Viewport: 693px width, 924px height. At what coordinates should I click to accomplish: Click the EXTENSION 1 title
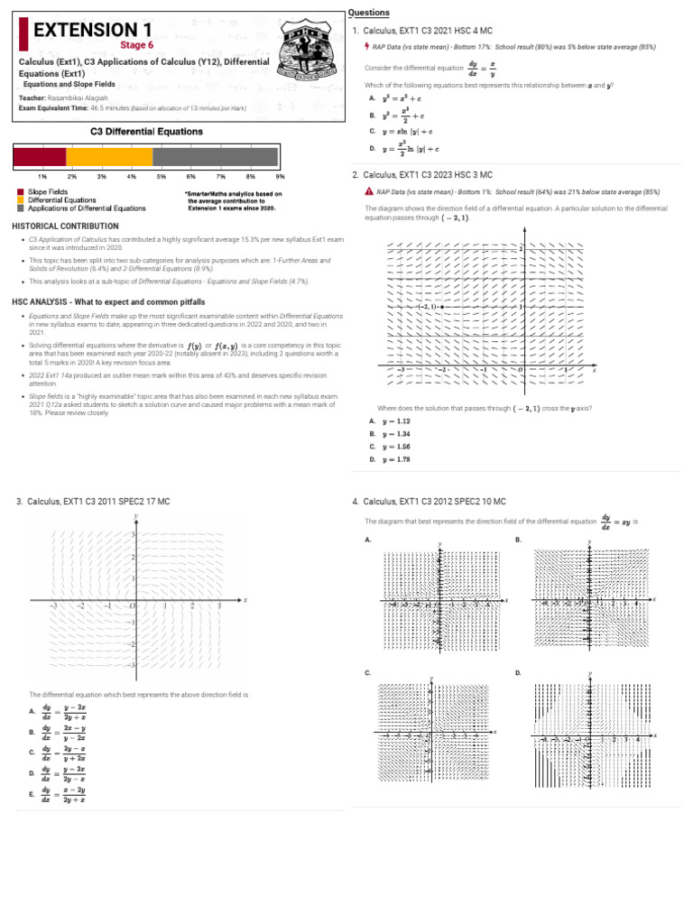coord(92,31)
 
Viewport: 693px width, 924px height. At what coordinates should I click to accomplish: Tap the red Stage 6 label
coord(137,45)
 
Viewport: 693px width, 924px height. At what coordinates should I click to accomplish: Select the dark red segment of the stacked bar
coord(40,156)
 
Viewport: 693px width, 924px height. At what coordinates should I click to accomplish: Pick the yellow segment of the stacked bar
coord(109,156)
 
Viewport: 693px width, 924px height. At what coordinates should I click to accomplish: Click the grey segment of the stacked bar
coord(217,156)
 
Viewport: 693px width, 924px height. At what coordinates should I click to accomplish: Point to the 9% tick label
coord(280,176)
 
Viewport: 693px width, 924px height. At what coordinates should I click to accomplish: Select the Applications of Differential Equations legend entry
coord(86,208)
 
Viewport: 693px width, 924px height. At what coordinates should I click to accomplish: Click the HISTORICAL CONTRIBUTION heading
coord(65,225)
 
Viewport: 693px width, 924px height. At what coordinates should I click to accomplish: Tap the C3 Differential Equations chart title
coord(147,132)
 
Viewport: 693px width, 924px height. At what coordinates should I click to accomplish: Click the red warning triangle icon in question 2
coord(369,192)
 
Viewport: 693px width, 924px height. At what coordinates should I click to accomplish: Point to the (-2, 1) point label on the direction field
coord(428,307)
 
